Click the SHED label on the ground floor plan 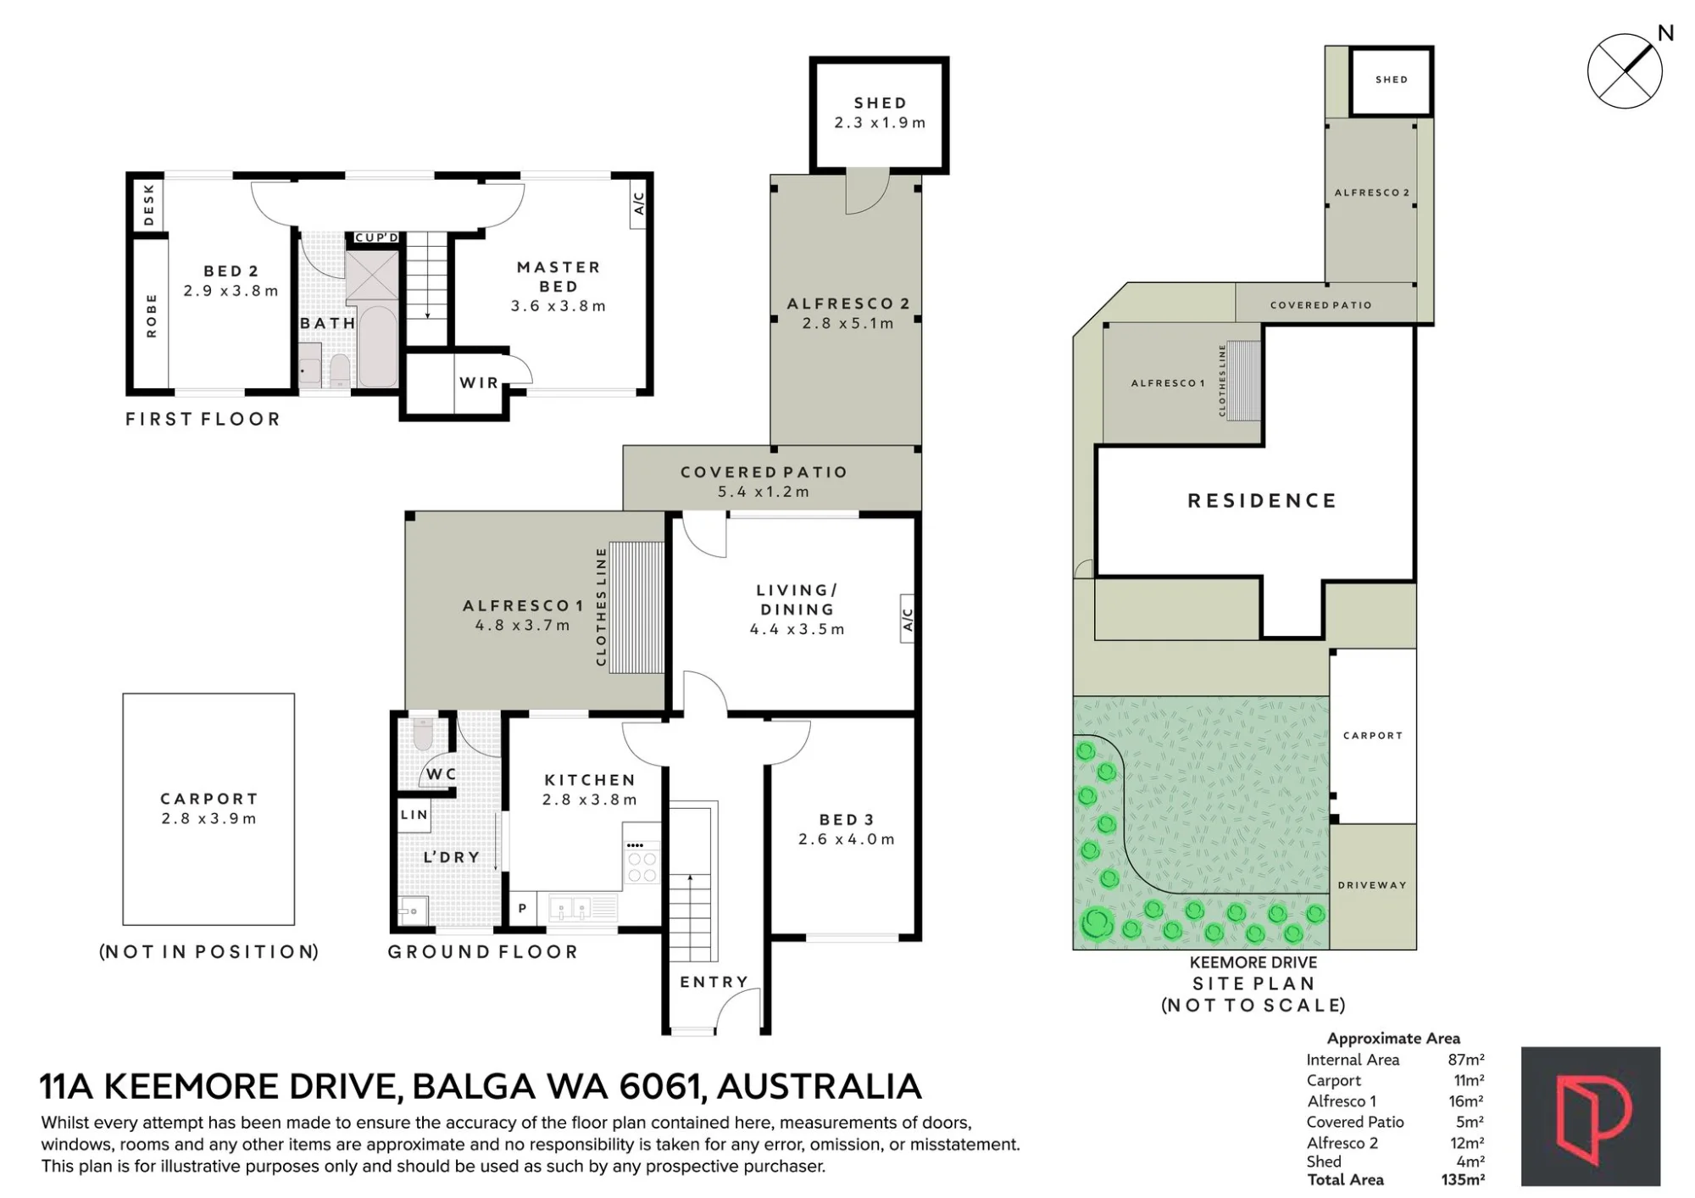click(880, 103)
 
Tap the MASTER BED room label click(559, 277)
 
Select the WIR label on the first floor click(479, 382)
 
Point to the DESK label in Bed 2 click(149, 205)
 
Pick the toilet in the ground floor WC click(424, 734)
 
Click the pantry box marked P click(522, 908)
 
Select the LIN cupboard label click(414, 815)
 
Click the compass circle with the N click(1625, 71)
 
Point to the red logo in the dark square click(1591, 1116)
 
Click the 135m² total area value click(1463, 1179)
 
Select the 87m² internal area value click(1466, 1059)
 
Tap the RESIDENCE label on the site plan click(1262, 501)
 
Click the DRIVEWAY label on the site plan click(1372, 885)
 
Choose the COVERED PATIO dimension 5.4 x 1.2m click(764, 492)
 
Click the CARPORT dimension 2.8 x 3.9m click(208, 819)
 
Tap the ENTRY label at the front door click(714, 982)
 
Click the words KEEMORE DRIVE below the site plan click(1253, 962)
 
